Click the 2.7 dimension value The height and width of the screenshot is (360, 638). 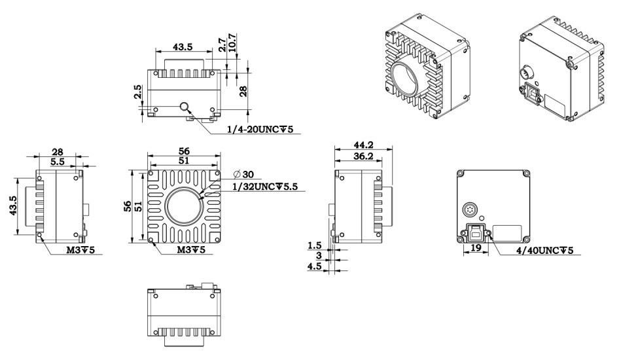pos(222,44)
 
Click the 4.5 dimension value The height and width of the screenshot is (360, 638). pos(315,266)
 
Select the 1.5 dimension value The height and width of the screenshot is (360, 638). pos(315,245)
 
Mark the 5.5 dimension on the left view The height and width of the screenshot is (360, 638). pos(58,161)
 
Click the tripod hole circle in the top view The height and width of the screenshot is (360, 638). pos(185,107)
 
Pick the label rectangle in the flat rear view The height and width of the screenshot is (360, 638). pos(507,234)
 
